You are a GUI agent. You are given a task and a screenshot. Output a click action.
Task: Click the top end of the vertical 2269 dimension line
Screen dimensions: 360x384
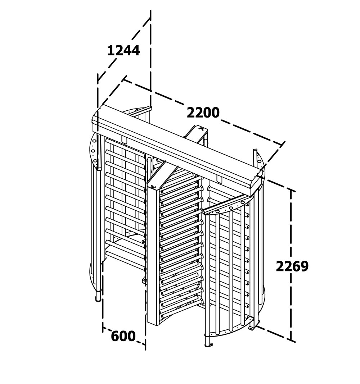pos(291,190)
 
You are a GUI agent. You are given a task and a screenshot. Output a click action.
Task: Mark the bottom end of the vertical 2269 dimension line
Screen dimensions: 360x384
pos(291,340)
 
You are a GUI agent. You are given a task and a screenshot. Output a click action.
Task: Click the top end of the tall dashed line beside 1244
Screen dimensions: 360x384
pos(150,11)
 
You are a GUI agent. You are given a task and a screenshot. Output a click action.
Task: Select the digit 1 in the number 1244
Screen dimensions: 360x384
pos(111,50)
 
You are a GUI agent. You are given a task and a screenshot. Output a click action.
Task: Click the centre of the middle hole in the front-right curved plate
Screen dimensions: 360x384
pos(231,208)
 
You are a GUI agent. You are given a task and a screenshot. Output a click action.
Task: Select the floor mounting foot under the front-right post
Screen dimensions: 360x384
pos(209,345)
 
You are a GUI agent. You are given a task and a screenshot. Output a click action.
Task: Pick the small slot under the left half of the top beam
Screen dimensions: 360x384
pos(125,140)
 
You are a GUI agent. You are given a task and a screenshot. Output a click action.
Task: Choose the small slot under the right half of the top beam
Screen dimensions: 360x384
pos(219,179)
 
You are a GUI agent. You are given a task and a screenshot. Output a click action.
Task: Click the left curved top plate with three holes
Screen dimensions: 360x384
pos(94,148)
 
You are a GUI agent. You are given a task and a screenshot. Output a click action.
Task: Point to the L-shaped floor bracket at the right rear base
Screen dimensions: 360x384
pos(251,328)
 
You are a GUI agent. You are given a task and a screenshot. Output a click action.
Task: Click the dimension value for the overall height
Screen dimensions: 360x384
pos(292,266)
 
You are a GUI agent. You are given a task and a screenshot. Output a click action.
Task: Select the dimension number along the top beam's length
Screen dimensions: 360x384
pos(203,113)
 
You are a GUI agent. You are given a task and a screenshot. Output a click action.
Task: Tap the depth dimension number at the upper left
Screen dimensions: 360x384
pos(123,50)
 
